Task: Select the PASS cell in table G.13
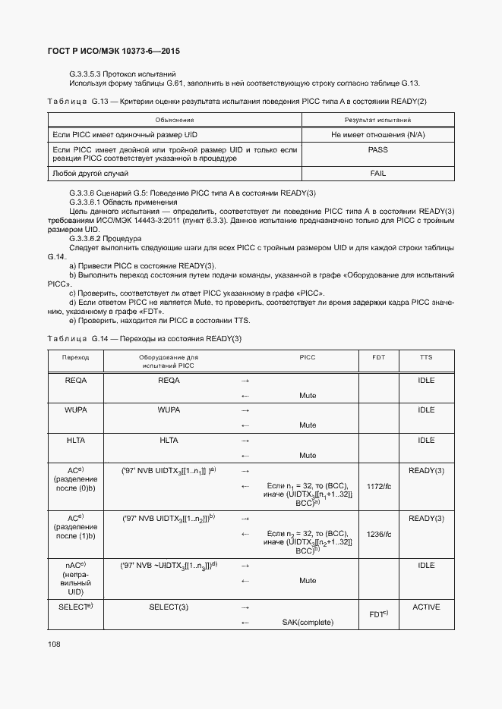(x=377, y=150)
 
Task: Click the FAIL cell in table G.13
(x=377, y=174)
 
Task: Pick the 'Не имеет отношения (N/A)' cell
(x=377, y=134)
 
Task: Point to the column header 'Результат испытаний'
(x=377, y=120)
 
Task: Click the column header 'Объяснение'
(x=175, y=120)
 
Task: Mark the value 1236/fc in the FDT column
(x=378, y=534)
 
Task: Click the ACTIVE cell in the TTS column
(x=426, y=607)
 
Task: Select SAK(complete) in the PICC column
(x=308, y=623)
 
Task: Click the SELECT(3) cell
(x=169, y=607)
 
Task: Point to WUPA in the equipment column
(x=169, y=409)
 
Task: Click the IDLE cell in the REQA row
(x=426, y=380)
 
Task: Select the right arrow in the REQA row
(x=245, y=380)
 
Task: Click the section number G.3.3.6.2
(x=89, y=237)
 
